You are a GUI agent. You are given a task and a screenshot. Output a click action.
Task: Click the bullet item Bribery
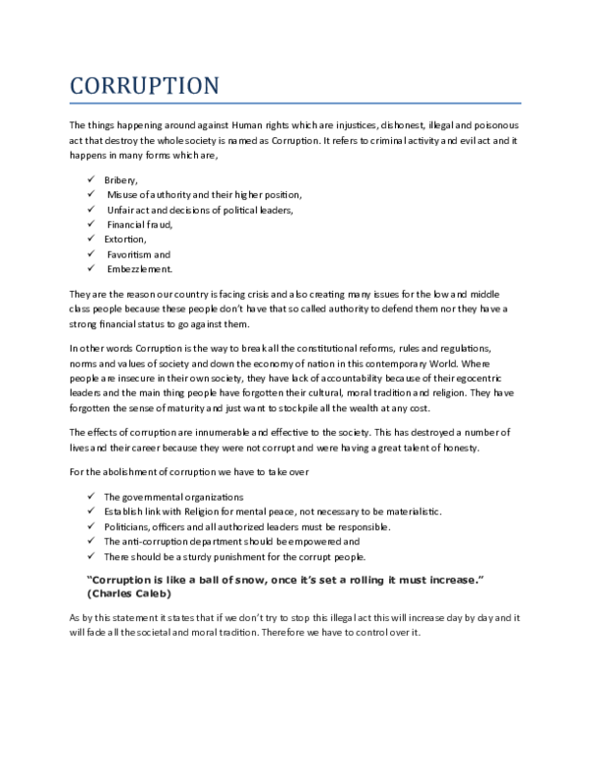click(121, 180)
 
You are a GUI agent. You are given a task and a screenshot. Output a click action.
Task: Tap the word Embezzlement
click(140, 268)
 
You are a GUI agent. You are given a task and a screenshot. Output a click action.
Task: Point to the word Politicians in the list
click(127, 525)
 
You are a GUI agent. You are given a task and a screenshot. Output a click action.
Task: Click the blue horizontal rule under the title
click(295, 103)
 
